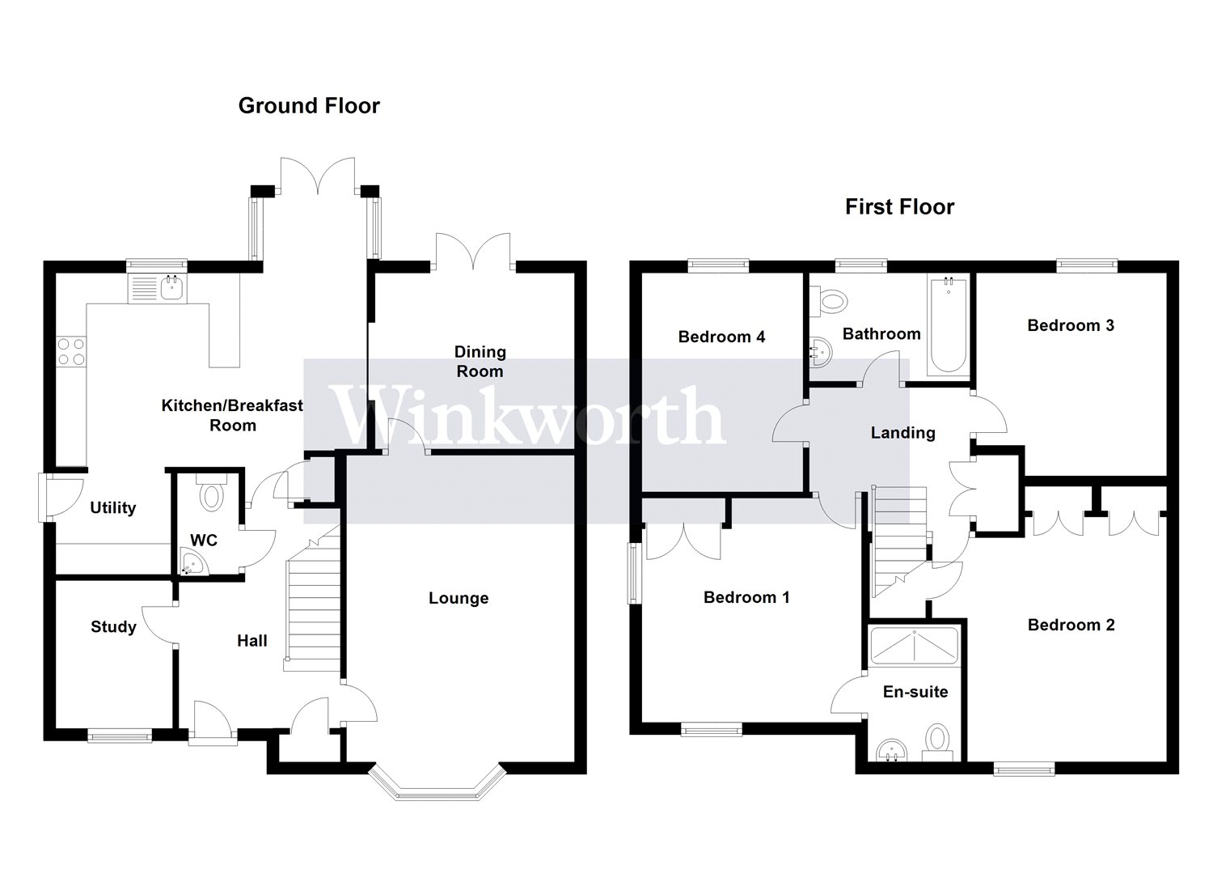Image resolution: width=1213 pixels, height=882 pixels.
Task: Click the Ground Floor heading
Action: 309,106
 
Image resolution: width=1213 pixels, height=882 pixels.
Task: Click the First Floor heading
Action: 899,207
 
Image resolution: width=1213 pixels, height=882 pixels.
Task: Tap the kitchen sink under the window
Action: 157,287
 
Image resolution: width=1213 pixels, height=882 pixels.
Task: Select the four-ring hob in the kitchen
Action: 70,352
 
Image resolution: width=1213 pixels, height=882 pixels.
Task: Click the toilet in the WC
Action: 212,494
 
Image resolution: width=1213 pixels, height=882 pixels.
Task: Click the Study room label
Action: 113,627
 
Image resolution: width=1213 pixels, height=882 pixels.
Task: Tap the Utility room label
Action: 112,508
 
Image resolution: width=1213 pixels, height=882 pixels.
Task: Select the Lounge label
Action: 459,599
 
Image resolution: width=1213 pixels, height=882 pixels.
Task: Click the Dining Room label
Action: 480,362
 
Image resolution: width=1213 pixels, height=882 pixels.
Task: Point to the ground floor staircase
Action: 312,603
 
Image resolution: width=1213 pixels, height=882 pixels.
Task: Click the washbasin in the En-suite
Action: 891,750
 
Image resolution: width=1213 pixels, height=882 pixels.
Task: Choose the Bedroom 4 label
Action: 721,337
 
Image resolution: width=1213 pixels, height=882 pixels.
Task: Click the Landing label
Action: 902,433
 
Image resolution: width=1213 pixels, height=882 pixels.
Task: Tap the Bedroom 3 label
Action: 1071,325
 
